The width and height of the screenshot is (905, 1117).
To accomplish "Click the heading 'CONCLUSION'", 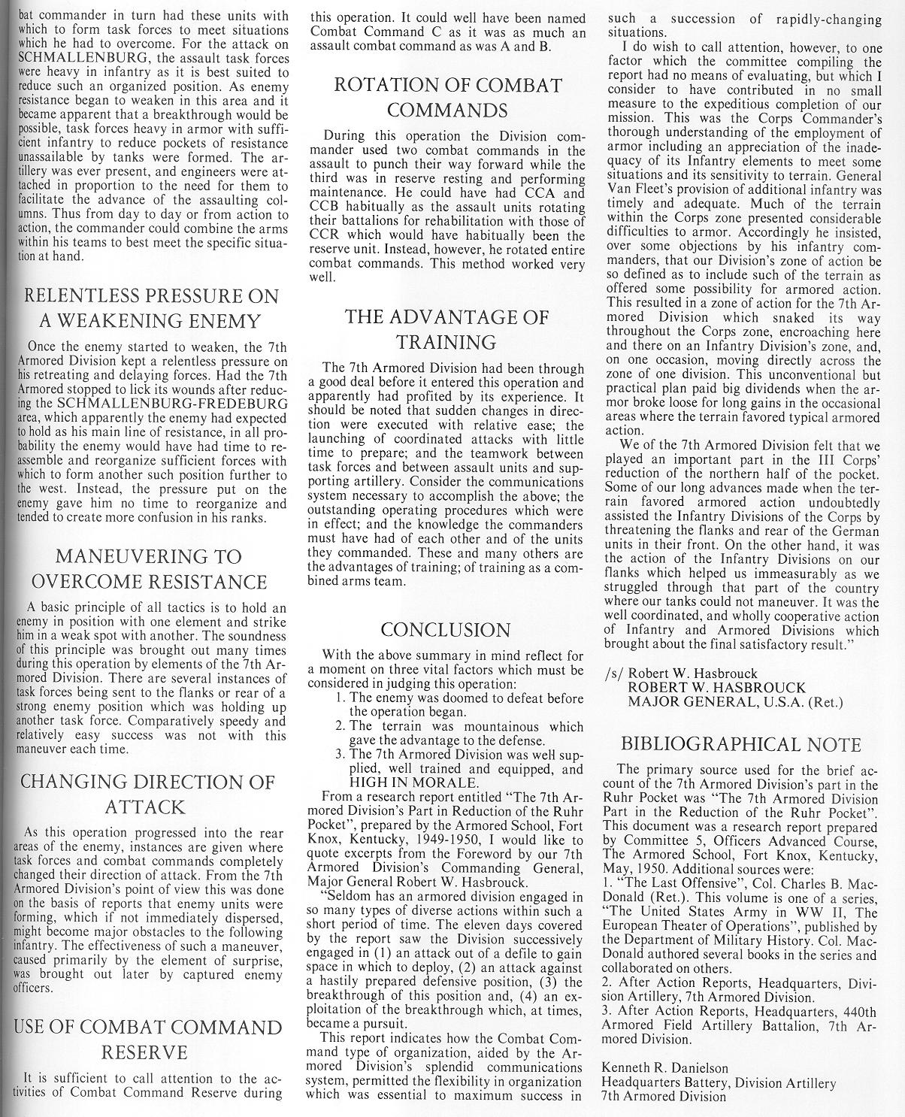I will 446,630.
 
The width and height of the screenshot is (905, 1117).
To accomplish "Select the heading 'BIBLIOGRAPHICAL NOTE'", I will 740,745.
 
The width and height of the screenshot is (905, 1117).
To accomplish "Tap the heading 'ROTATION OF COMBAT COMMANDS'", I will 447,98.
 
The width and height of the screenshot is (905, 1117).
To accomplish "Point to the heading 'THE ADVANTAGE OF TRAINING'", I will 446,329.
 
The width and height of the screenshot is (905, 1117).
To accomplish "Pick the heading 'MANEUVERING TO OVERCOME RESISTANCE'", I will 147,569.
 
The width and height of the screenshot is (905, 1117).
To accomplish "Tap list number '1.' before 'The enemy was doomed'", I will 340,698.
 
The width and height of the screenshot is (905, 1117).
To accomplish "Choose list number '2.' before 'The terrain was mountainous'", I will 340,727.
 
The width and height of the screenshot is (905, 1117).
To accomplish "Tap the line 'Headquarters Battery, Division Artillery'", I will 719,1083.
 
